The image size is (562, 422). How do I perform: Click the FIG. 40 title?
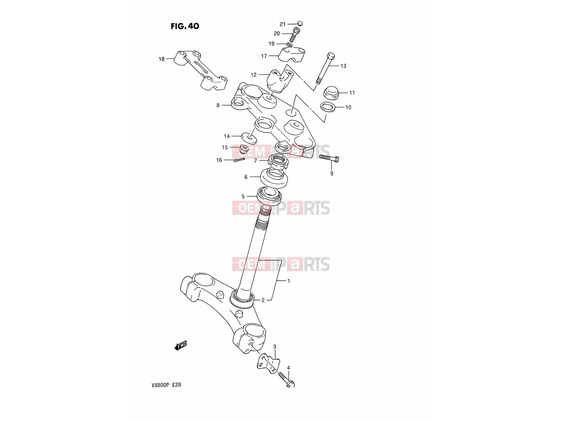pyautogui.click(x=185, y=26)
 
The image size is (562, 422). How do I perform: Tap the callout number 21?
pyautogui.click(x=282, y=24)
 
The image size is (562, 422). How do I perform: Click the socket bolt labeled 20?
pyautogui.click(x=295, y=35)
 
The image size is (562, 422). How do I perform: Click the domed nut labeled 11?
pyautogui.click(x=331, y=93)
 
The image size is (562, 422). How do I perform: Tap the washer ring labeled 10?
pyautogui.click(x=328, y=107)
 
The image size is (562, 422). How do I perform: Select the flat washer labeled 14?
pyautogui.click(x=249, y=138)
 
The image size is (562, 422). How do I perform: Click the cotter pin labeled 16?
pyautogui.click(x=239, y=160)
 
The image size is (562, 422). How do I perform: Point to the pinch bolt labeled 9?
pyautogui.click(x=329, y=158)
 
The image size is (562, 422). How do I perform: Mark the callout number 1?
pyautogui.click(x=289, y=281)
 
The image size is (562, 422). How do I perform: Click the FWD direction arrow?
pyautogui.click(x=181, y=345)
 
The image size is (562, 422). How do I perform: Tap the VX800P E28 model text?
pyautogui.click(x=166, y=385)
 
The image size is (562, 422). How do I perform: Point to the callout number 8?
pyautogui.click(x=218, y=105)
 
